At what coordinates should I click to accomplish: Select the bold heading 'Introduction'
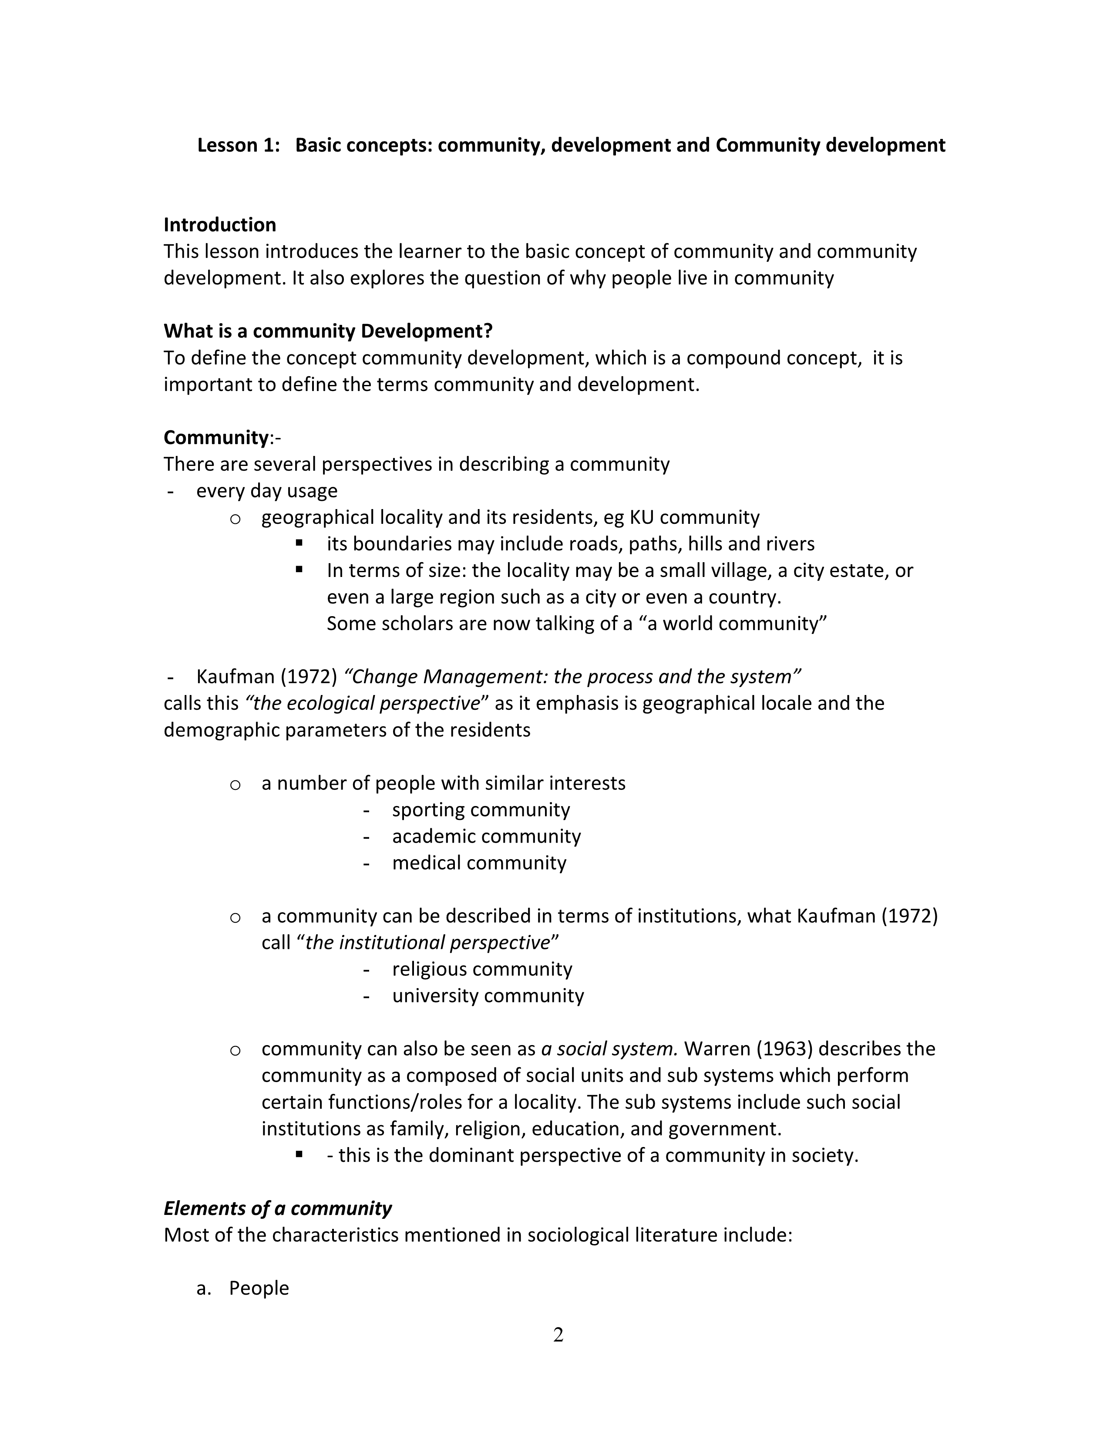pos(220,225)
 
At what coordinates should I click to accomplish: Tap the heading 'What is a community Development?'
pos(327,331)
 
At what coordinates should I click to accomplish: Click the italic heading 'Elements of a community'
pos(278,1208)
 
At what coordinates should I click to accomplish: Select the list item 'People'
pos(259,1288)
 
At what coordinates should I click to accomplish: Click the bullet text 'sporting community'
pos(481,810)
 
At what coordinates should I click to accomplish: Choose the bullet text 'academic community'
pos(486,836)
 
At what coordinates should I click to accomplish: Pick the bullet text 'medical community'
pos(479,863)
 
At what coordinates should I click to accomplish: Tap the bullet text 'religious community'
pos(482,969)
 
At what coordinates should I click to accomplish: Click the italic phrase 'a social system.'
pos(609,1049)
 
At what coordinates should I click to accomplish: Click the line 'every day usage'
pos(266,491)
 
